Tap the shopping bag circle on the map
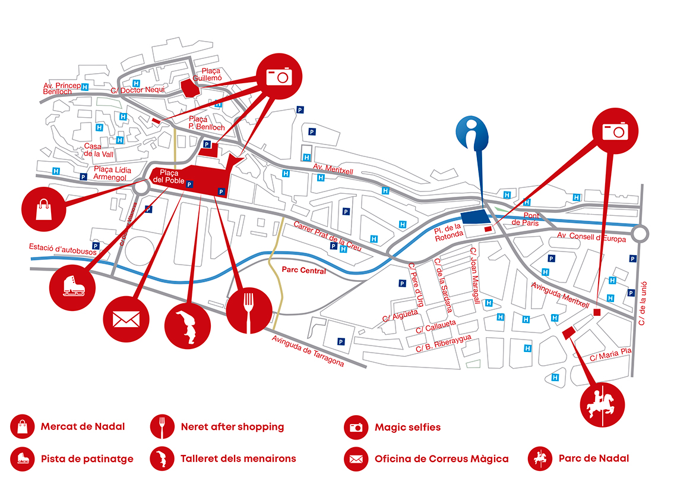point(43,209)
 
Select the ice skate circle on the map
point(72,288)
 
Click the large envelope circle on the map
point(126,319)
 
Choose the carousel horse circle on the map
point(602,405)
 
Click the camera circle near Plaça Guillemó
point(279,77)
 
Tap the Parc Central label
point(303,270)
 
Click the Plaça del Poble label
point(169,177)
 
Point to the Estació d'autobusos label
point(63,249)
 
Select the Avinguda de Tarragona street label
point(308,351)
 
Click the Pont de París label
point(526,219)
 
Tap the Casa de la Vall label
point(99,150)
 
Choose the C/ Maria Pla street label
point(610,354)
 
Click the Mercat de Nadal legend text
point(83,426)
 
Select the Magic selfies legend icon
point(356,427)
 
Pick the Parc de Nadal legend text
point(594,459)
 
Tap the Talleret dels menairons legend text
point(238,459)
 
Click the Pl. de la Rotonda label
point(448,232)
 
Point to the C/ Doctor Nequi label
point(138,90)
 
